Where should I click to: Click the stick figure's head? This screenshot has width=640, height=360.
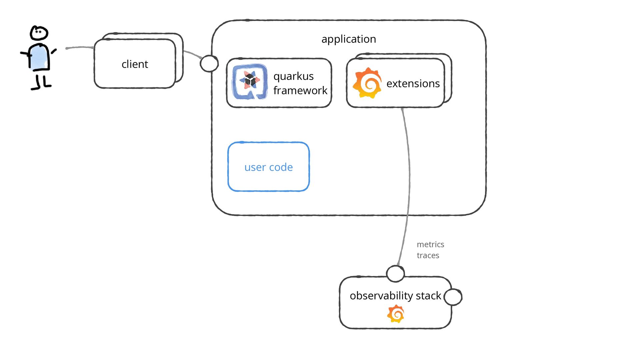click(x=39, y=33)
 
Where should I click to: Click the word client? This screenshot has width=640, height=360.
click(x=135, y=64)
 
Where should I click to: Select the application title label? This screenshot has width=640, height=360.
click(x=349, y=39)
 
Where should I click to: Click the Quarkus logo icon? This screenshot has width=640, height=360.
click(x=250, y=82)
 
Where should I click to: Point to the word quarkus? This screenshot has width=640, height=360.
click(x=293, y=76)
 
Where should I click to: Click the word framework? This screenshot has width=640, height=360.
click(x=300, y=90)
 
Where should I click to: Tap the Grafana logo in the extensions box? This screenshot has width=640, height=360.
click(x=367, y=83)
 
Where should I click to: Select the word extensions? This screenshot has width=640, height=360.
click(x=413, y=83)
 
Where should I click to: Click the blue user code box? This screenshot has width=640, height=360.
click(x=269, y=167)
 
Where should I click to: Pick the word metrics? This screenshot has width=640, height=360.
click(x=430, y=244)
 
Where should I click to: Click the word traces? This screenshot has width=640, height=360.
click(x=428, y=255)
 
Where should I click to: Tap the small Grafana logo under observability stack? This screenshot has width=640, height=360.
click(x=396, y=314)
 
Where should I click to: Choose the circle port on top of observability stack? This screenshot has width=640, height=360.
click(x=395, y=274)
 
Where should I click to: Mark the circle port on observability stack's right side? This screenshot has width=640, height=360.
click(x=453, y=297)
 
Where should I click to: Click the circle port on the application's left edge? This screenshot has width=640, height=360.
click(x=209, y=63)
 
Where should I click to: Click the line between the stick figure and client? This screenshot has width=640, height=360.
click(x=80, y=47)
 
